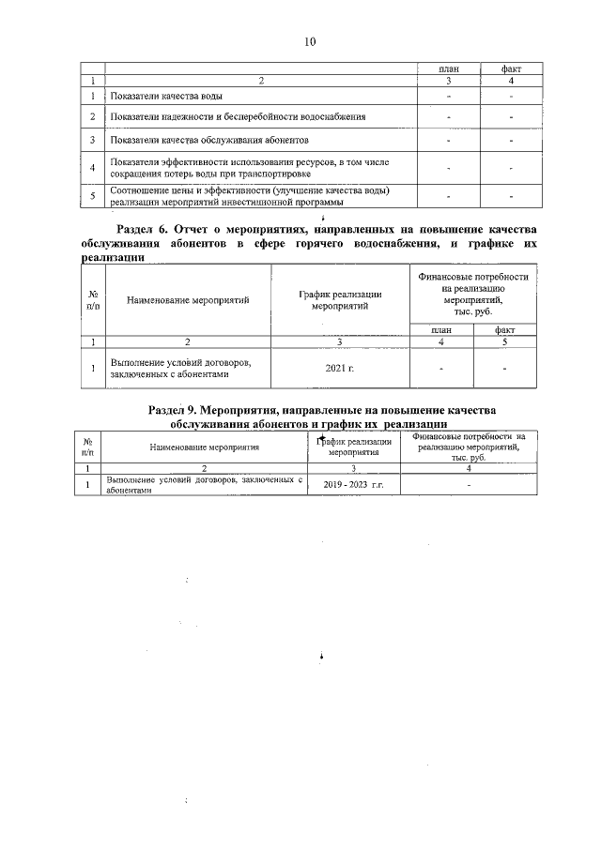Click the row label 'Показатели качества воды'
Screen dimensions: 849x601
pos(166,97)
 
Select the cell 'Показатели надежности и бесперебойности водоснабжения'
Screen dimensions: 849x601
pos(238,116)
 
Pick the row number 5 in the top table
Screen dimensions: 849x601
pos(93,196)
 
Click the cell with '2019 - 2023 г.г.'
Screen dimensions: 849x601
pos(353,486)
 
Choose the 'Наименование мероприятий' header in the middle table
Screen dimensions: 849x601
pos(188,300)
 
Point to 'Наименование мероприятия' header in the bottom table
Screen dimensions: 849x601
pos(204,447)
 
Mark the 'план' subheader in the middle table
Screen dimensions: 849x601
pos(441,329)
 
